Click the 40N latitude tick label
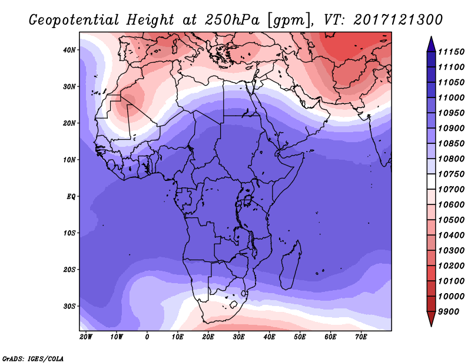(x=69, y=50)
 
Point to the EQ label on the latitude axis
(x=71, y=197)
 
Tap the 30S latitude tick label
(x=69, y=307)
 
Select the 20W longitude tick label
(x=86, y=337)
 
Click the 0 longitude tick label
(x=147, y=337)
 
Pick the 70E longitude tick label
(x=361, y=337)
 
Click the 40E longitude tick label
(x=269, y=337)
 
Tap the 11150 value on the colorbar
(x=451, y=52)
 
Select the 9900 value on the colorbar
(x=449, y=312)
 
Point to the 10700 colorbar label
(x=451, y=190)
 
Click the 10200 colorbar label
(x=451, y=266)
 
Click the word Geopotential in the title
(x=74, y=21)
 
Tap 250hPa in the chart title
(x=232, y=20)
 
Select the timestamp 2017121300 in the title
(x=398, y=20)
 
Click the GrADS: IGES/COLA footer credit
(x=33, y=358)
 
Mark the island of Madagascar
(x=290, y=265)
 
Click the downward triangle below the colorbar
(x=431, y=319)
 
